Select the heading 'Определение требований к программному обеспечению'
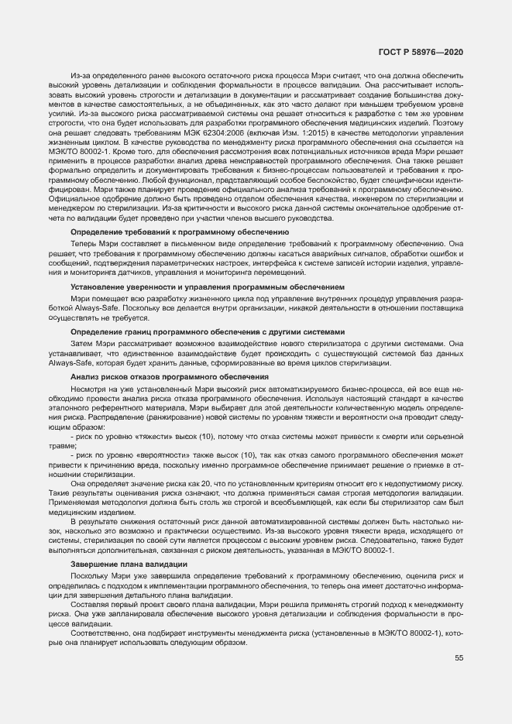[180, 232]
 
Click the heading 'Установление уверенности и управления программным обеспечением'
[207, 287]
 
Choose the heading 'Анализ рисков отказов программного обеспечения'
[170, 376]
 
